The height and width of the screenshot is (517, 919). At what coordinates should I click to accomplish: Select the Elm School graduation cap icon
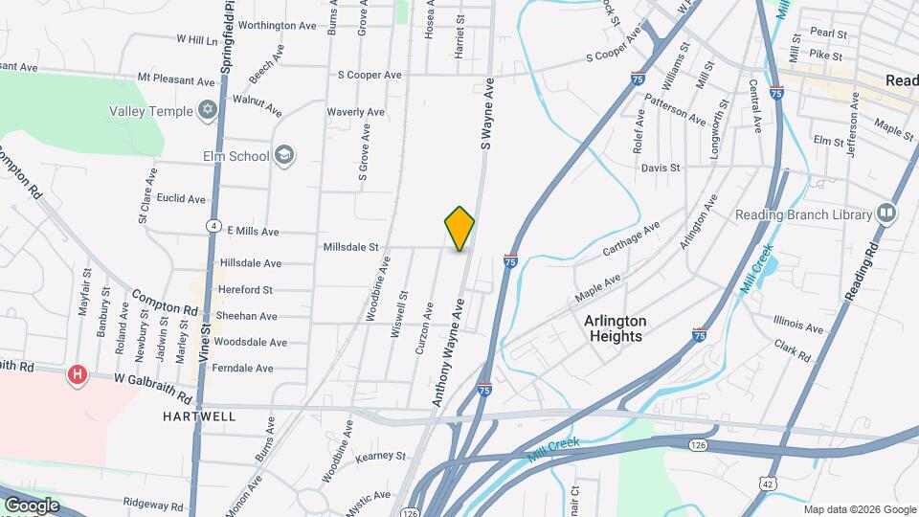[283, 155]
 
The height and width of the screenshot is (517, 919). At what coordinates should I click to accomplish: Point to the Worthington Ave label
[277, 25]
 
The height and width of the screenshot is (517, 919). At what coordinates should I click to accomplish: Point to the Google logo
[31, 506]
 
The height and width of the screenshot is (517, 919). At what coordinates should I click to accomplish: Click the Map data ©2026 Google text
[860, 509]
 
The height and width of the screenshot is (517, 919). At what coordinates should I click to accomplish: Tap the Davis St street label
[660, 168]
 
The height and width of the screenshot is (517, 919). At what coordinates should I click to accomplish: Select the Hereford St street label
[246, 289]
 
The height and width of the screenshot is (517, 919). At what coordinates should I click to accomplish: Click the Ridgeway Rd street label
[152, 505]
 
